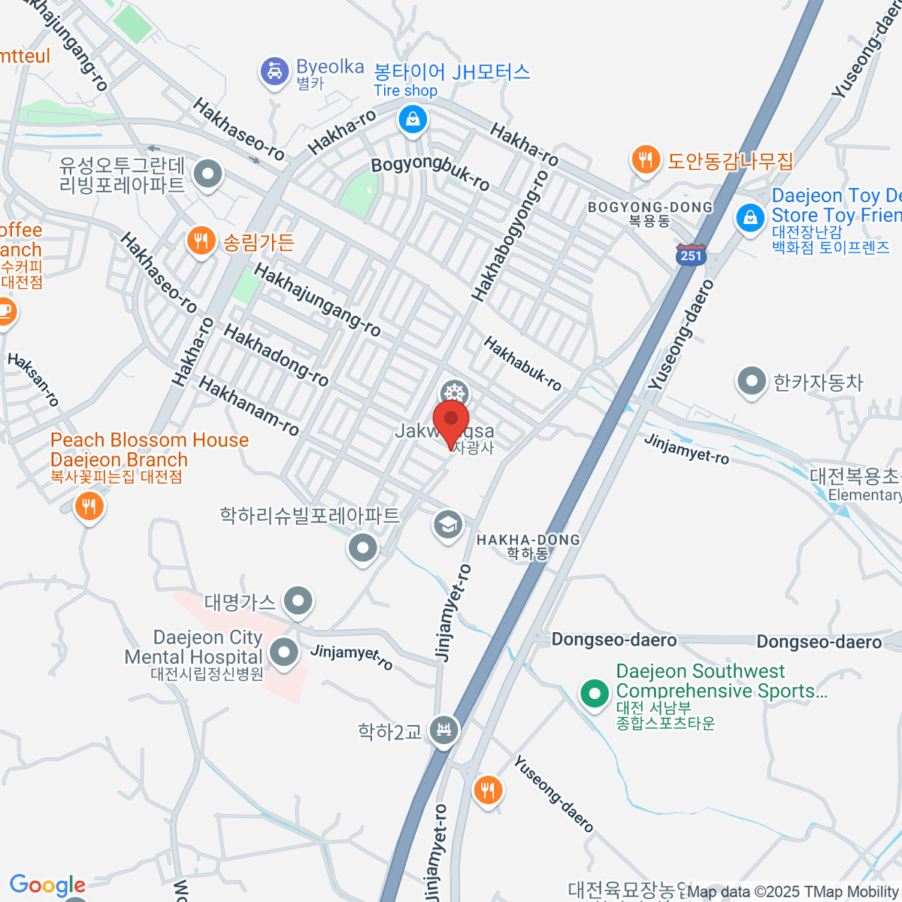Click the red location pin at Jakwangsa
tap(451, 421)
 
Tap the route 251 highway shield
tap(691, 254)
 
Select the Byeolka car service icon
tap(274, 73)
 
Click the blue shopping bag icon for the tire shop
tap(413, 119)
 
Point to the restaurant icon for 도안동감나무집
tap(645, 159)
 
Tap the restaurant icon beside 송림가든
tap(200, 241)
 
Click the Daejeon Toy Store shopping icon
tap(749, 219)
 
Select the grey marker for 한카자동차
tap(751, 382)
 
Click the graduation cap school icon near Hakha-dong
tap(448, 525)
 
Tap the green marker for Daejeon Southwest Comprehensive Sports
tap(595, 692)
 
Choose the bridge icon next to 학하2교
tap(443, 729)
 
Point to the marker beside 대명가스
tap(299, 601)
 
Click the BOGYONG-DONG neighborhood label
tap(649, 207)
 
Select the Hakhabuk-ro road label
tap(522, 364)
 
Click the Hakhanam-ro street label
tap(249, 407)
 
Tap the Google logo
tap(47, 885)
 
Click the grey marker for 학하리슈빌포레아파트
tap(363, 548)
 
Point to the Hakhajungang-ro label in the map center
tap(317, 299)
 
